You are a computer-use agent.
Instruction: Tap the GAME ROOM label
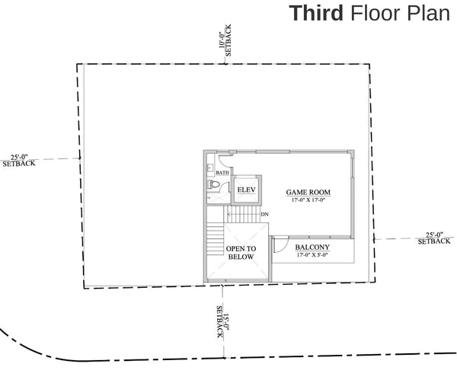pyautogui.click(x=305, y=192)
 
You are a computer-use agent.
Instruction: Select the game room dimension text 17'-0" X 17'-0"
pyautogui.click(x=305, y=200)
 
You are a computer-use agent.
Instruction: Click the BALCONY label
pyautogui.click(x=312, y=247)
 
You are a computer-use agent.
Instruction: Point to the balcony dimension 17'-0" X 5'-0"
pyautogui.click(x=312, y=256)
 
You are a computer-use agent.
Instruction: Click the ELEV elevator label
pyautogui.click(x=245, y=189)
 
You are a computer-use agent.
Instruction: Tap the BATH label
pyautogui.click(x=222, y=173)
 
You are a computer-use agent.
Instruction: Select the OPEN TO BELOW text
pyautogui.click(x=241, y=253)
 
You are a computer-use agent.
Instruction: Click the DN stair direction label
pyautogui.click(x=264, y=215)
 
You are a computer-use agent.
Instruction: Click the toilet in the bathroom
pyautogui.click(x=213, y=184)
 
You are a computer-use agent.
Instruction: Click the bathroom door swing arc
pyautogui.click(x=222, y=161)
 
